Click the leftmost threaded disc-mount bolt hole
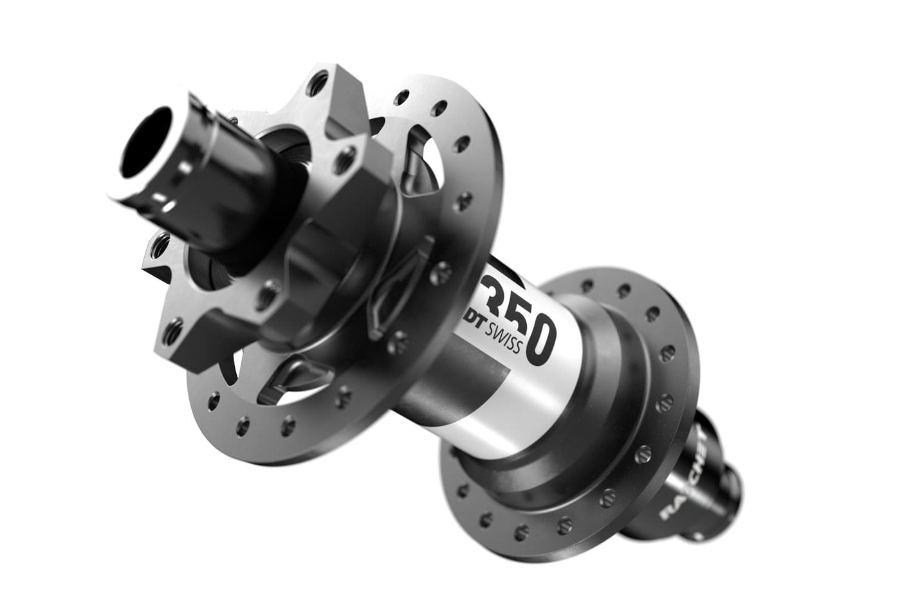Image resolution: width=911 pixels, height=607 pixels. tap(156, 245)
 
